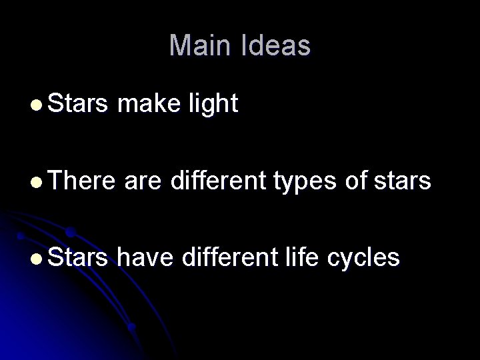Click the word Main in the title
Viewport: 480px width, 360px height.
[x=197, y=46]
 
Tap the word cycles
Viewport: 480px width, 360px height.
[x=365, y=258]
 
